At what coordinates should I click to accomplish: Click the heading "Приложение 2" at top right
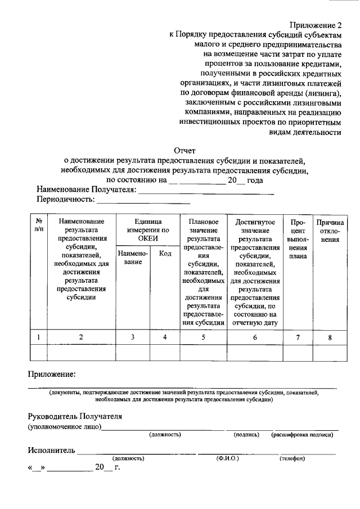[x=316, y=25]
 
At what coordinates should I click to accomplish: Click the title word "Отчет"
[x=185, y=151]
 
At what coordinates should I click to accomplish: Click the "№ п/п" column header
[x=38, y=226]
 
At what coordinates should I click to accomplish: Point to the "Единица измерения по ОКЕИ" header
[x=147, y=230]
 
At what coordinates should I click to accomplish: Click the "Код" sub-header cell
[x=165, y=254]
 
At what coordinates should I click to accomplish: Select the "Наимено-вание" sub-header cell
[x=133, y=258]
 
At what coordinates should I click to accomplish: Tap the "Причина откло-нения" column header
[x=330, y=231]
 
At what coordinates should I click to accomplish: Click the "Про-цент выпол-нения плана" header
[x=298, y=238]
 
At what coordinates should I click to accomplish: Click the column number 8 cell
[x=330, y=337]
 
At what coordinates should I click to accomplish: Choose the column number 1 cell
[x=38, y=337]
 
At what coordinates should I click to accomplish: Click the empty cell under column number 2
[x=81, y=352]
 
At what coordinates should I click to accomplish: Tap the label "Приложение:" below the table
[x=52, y=374]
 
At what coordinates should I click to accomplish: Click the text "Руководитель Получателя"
[x=74, y=417]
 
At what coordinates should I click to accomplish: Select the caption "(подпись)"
[x=246, y=435]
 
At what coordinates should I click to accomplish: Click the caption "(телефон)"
[x=292, y=458]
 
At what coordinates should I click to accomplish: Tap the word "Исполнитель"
[x=51, y=451]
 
